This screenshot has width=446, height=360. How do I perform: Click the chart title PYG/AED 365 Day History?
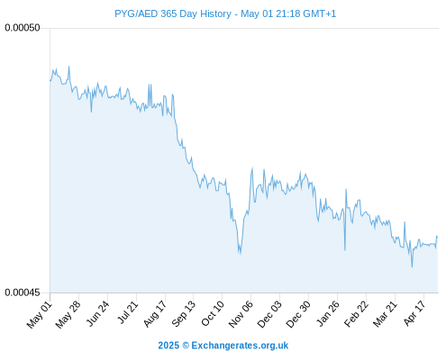point(173,13)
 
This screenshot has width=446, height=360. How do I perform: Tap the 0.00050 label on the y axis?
point(23,28)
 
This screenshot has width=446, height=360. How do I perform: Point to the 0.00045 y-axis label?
point(23,292)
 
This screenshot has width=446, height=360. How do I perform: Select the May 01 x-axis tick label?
point(40,315)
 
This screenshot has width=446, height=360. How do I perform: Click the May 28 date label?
point(68,315)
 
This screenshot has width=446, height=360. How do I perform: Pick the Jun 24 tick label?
point(97,314)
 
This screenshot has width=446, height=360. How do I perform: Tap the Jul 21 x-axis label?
point(127,313)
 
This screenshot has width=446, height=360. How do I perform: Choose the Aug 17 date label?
point(155,314)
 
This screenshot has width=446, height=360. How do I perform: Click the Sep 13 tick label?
point(183,314)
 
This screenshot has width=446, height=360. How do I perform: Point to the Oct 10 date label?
point(213,314)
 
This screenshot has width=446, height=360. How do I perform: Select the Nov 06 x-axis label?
point(241,314)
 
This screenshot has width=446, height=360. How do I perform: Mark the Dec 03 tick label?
point(269,314)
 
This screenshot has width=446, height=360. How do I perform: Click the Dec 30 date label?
point(298,314)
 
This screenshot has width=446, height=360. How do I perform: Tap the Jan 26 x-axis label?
point(328,314)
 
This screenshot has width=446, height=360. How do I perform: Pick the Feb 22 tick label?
point(356,314)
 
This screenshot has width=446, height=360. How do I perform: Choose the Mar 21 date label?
point(386,314)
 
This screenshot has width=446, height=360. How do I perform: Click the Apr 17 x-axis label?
point(414,313)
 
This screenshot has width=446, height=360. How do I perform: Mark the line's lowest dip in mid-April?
point(412,266)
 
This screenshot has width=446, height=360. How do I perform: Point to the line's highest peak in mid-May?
point(69,67)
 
